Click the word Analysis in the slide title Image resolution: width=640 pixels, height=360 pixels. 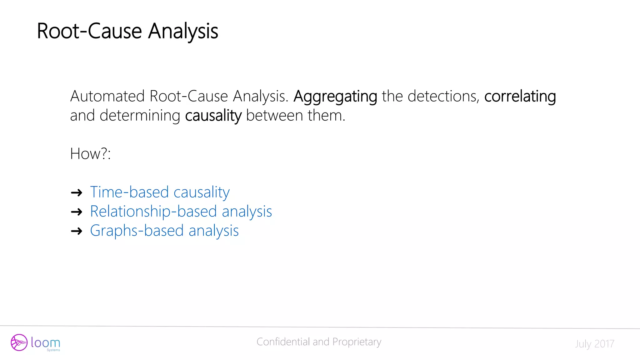tap(183, 31)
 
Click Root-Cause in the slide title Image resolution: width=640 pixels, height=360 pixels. tap(89, 31)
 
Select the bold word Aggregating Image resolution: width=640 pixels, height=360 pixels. tap(335, 96)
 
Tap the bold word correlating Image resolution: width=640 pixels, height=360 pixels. tap(520, 96)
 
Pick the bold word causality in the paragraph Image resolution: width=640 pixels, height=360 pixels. tap(213, 116)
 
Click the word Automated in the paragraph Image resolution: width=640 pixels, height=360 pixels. tap(107, 96)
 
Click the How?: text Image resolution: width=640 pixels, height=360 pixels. tap(90, 154)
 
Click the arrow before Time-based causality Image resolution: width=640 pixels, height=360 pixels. tap(77, 192)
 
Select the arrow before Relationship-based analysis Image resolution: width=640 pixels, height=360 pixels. tap(77, 212)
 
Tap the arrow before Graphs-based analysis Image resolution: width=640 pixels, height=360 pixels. tap(77, 231)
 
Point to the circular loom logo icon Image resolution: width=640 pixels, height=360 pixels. tap(19, 342)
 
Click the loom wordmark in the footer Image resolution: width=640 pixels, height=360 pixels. tap(46, 343)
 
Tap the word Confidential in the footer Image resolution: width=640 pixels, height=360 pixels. tap(283, 342)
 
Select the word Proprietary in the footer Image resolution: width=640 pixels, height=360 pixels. tap(357, 342)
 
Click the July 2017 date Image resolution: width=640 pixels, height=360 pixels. tap(594, 344)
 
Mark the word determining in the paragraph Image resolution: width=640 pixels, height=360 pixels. tap(140, 116)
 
